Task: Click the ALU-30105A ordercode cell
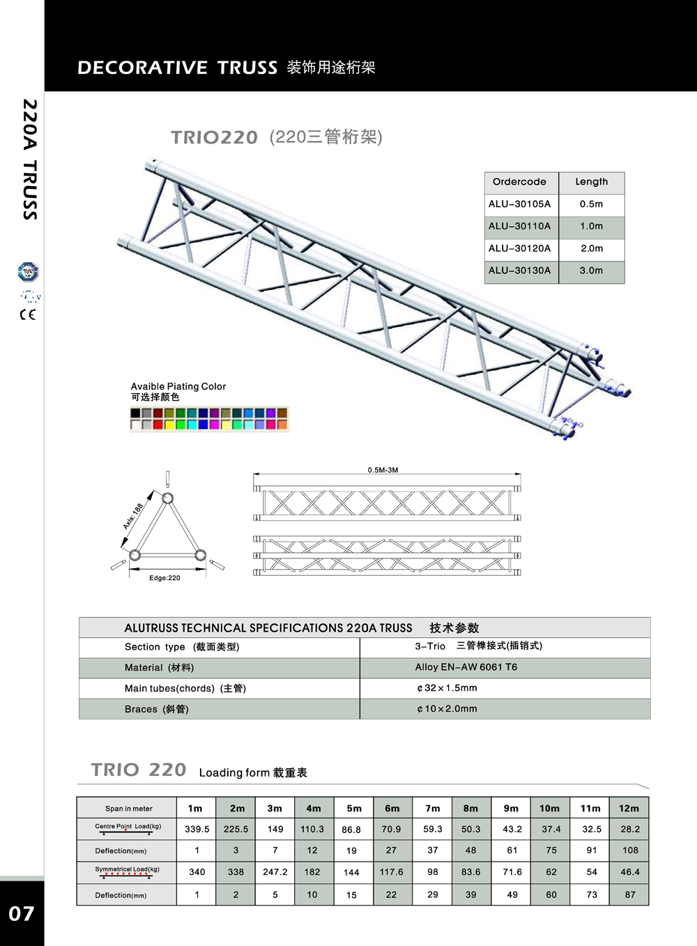pos(519,204)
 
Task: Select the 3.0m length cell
pos(591,270)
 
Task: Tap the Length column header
pos(592,181)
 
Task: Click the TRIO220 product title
pos(214,137)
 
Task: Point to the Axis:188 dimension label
pos(133,516)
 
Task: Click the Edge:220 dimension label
pos(164,578)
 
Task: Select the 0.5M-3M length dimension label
pos(383,470)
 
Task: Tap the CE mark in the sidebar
pos(28,314)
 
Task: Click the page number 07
pos(22,913)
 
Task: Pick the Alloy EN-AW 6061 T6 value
pos(466,667)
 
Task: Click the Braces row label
pos(157,709)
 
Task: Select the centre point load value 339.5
pos(197,829)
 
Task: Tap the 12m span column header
pos(629,809)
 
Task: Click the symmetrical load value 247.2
pos(275,871)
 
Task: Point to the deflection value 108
pos(630,850)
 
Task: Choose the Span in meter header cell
pos(129,809)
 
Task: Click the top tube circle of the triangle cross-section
pos(167,498)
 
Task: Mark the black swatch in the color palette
pos(135,413)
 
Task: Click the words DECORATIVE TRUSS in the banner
pos(177,68)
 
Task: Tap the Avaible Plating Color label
pos(178,386)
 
